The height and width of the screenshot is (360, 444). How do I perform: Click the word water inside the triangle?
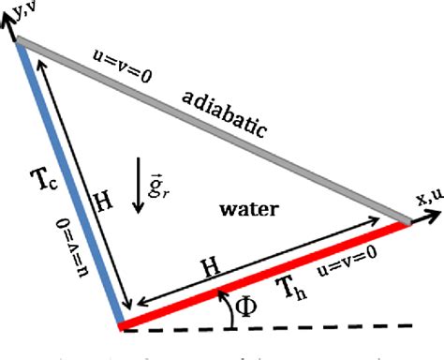point(245,209)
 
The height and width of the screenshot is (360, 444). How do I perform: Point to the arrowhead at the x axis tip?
point(432,215)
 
